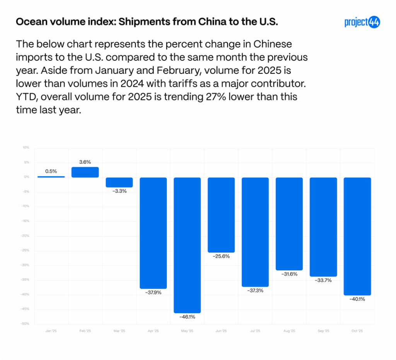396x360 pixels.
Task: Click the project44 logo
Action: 362,22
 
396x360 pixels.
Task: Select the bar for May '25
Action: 187,245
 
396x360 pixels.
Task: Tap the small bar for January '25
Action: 51,177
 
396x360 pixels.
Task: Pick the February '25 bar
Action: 85,172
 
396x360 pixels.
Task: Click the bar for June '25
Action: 221,215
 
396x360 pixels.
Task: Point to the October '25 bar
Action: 357,236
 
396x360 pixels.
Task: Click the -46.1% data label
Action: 187,317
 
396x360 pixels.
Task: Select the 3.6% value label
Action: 85,162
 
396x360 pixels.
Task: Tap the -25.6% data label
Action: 221,256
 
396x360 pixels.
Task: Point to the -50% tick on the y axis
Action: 26,324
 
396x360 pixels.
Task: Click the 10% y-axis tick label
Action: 26,148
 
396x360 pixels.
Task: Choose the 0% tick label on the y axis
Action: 27,177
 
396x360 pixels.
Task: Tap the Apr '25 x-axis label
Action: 153,331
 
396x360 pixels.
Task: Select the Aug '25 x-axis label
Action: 289,331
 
